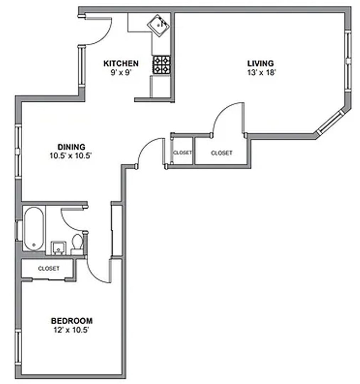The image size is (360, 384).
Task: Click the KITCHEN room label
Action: tap(121, 64)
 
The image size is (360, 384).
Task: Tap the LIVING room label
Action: tap(260, 64)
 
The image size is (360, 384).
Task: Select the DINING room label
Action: tap(71, 146)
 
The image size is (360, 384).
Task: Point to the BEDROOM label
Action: tap(72, 321)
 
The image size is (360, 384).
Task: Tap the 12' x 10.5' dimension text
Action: tap(72, 330)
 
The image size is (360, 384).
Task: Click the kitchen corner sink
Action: tap(159, 25)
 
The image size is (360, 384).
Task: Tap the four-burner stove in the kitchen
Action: tap(161, 65)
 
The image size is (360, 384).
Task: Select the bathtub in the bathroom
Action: tap(34, 229)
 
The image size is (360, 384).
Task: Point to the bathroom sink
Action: tap(58, 247)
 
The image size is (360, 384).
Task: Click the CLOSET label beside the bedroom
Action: tap(49, 268)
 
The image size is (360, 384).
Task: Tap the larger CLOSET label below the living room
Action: tap(221, 153)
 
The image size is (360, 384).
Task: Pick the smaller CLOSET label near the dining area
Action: tap(182, 153)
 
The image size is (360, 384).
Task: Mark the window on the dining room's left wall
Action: tap(17, 151)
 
